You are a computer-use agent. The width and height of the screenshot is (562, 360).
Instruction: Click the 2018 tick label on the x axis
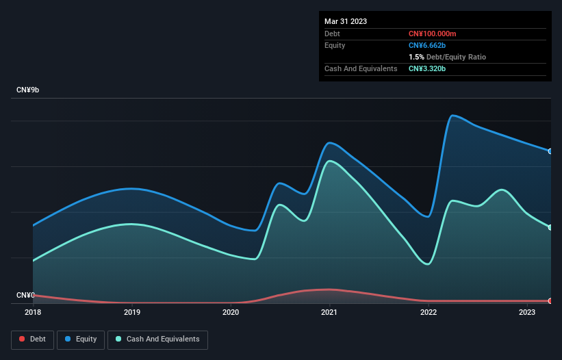(33, 312)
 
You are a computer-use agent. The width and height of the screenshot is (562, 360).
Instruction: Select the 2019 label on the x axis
(132, 312)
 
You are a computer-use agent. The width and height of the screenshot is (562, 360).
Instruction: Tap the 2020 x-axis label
(231, 312)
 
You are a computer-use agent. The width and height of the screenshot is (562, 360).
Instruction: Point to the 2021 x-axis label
(329, 312)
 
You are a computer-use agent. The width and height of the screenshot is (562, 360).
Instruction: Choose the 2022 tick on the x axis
(429, 312)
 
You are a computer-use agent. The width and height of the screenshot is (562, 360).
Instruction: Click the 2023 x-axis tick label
(527, 312)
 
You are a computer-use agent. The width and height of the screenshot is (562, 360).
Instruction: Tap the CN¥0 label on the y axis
(26, 296)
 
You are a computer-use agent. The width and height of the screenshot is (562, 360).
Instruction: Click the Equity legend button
(81, 339)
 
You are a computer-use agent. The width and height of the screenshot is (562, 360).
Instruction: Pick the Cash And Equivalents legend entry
(157, 339)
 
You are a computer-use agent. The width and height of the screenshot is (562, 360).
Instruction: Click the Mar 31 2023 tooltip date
(346, 21)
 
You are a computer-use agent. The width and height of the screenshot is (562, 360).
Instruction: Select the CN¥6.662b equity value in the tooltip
(427, 45)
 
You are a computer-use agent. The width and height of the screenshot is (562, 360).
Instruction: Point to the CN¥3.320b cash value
(427, 68)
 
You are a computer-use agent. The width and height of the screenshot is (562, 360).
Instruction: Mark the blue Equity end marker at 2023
(550, 151)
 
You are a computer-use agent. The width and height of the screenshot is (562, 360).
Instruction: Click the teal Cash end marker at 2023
(550, 227)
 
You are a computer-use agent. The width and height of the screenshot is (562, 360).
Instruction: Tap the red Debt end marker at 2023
(550, 301)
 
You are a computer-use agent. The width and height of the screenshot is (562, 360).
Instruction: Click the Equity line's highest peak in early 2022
(452, 115)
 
